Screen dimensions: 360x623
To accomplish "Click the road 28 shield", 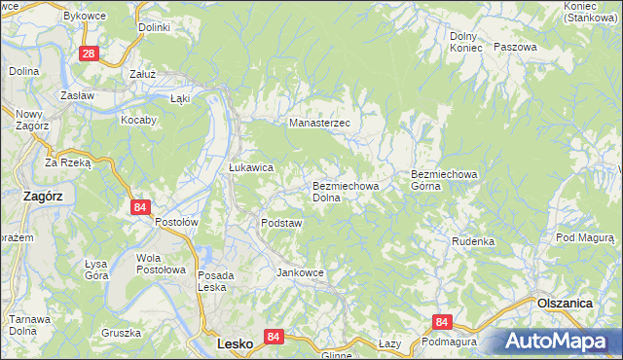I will click(x=89, y=54).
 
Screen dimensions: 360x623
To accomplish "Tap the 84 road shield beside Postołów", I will click(x=141, y=207).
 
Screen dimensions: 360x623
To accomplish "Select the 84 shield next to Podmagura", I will click(x=443, y=322).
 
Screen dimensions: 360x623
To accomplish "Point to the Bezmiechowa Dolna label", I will click(x=339, y=191).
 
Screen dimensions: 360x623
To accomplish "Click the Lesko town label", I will click(x=235, y=344).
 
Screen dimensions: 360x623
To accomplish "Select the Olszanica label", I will click(x=565, y=304).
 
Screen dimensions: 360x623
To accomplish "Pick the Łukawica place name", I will click(x=251, y=167).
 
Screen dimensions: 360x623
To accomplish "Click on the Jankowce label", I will click(x=300, y=272).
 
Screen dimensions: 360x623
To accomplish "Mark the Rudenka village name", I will click(x=473, y=241).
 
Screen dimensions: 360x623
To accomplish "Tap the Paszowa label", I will click(x=515, y=47).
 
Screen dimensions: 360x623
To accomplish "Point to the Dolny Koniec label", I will click(x=465, y=42).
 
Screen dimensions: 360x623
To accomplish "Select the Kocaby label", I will click(x=138, y=120).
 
